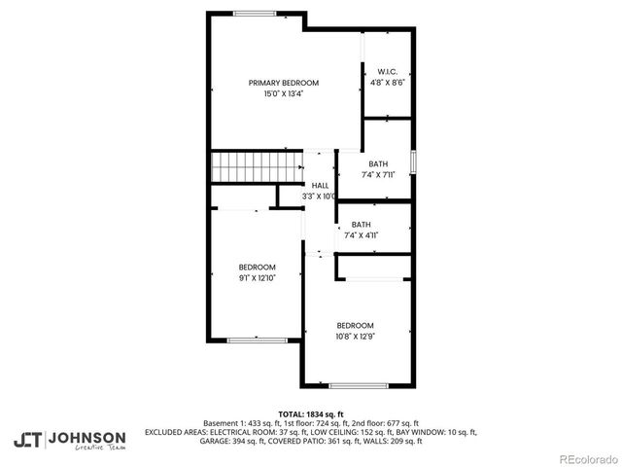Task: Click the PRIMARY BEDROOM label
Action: tap(283, 83)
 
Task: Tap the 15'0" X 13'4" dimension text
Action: tap(283, 94)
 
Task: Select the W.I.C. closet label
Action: tap(387, 71)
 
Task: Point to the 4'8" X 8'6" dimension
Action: tap(387, 83)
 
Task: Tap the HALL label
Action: tap(320, 185)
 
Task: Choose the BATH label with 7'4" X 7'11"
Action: tap(378, 163)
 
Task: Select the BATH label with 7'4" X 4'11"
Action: tap(361, 224)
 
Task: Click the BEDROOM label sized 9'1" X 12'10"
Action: tap(258, 267)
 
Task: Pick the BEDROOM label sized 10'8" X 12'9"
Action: tap(355, 325)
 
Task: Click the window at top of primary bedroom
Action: tap(254, 13)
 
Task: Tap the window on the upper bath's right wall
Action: tap(414, 162)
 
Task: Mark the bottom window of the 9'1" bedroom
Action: tap(257, 340)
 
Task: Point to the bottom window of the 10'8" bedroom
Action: tap(358, 386)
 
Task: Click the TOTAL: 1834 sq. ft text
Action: tap(311, 413)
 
